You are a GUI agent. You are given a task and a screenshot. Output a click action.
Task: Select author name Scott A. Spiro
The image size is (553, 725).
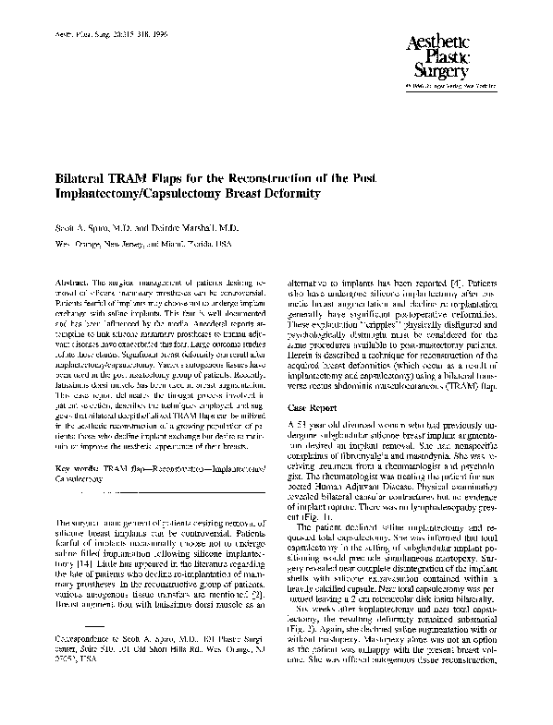click(x=75, y=225)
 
